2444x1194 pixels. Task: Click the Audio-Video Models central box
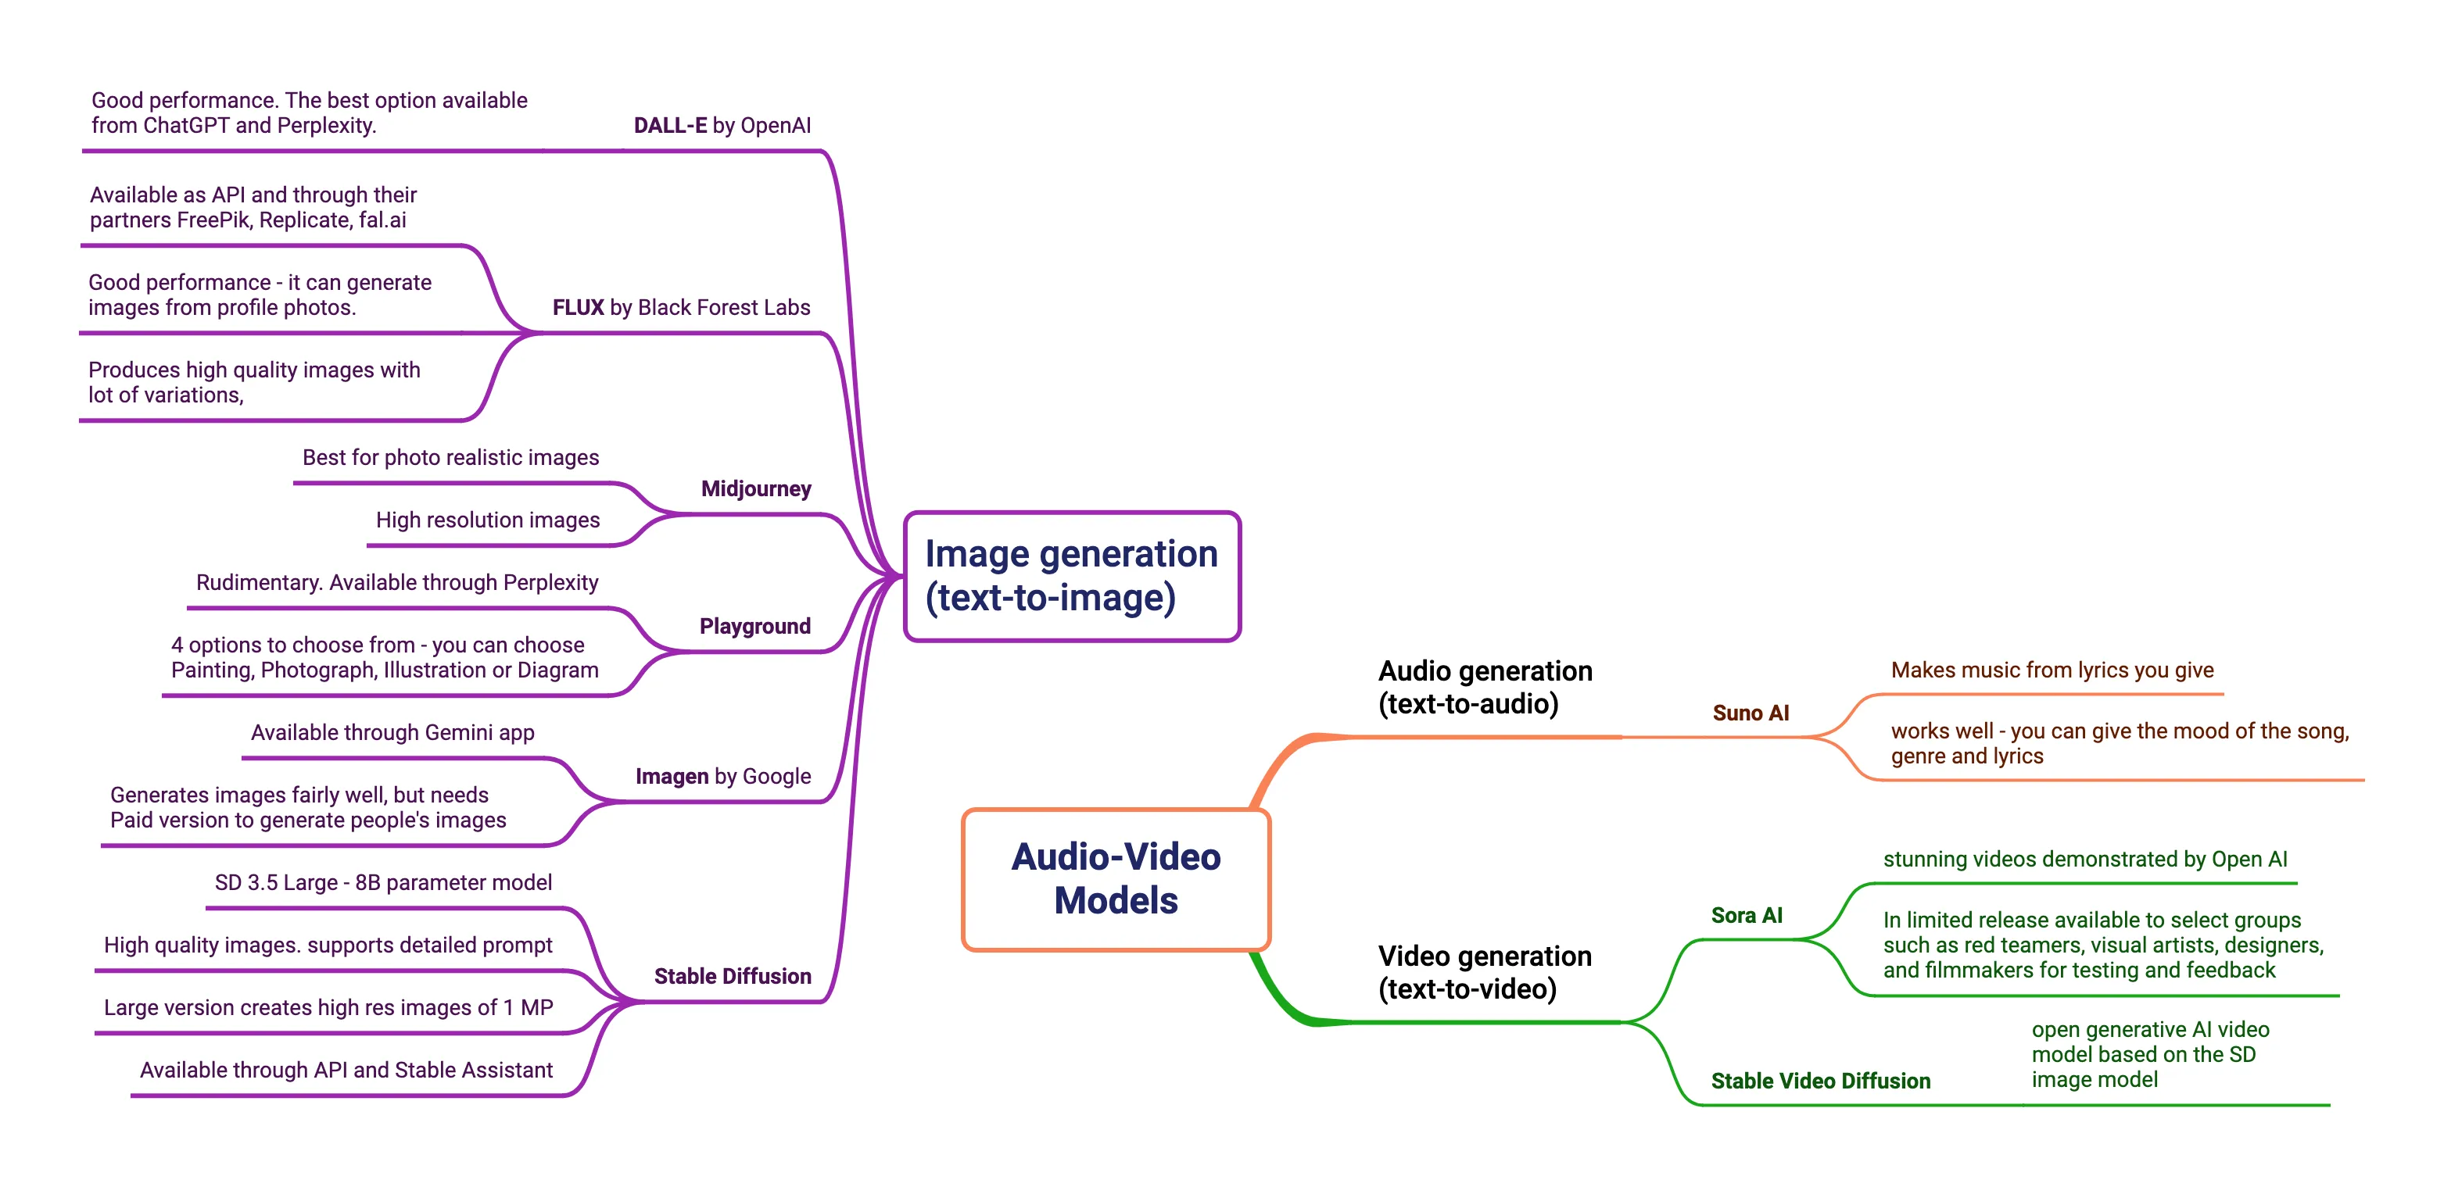click(1116, 878)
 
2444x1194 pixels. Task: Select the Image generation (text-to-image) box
click(1071, 576)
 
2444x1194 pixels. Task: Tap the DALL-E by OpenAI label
click(721, 125)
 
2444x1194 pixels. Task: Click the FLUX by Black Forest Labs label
click(680, 307)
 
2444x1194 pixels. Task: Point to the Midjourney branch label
click(755, 488)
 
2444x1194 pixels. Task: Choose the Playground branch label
click(754, 626)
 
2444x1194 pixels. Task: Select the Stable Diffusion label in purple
click(732, 976)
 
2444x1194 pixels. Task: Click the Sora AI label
click(1746, 915)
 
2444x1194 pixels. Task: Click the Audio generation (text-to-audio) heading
click(1484, 687)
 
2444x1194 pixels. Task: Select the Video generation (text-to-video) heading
click(1484, 972)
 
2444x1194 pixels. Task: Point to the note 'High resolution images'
click(488, 520)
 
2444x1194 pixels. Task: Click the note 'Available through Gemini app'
click(392, 732)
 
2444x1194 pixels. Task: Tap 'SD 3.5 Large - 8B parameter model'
click(382, 882)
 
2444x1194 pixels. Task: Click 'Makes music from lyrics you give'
click(2052, 670)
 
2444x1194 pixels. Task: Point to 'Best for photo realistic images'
click(450, 457)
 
